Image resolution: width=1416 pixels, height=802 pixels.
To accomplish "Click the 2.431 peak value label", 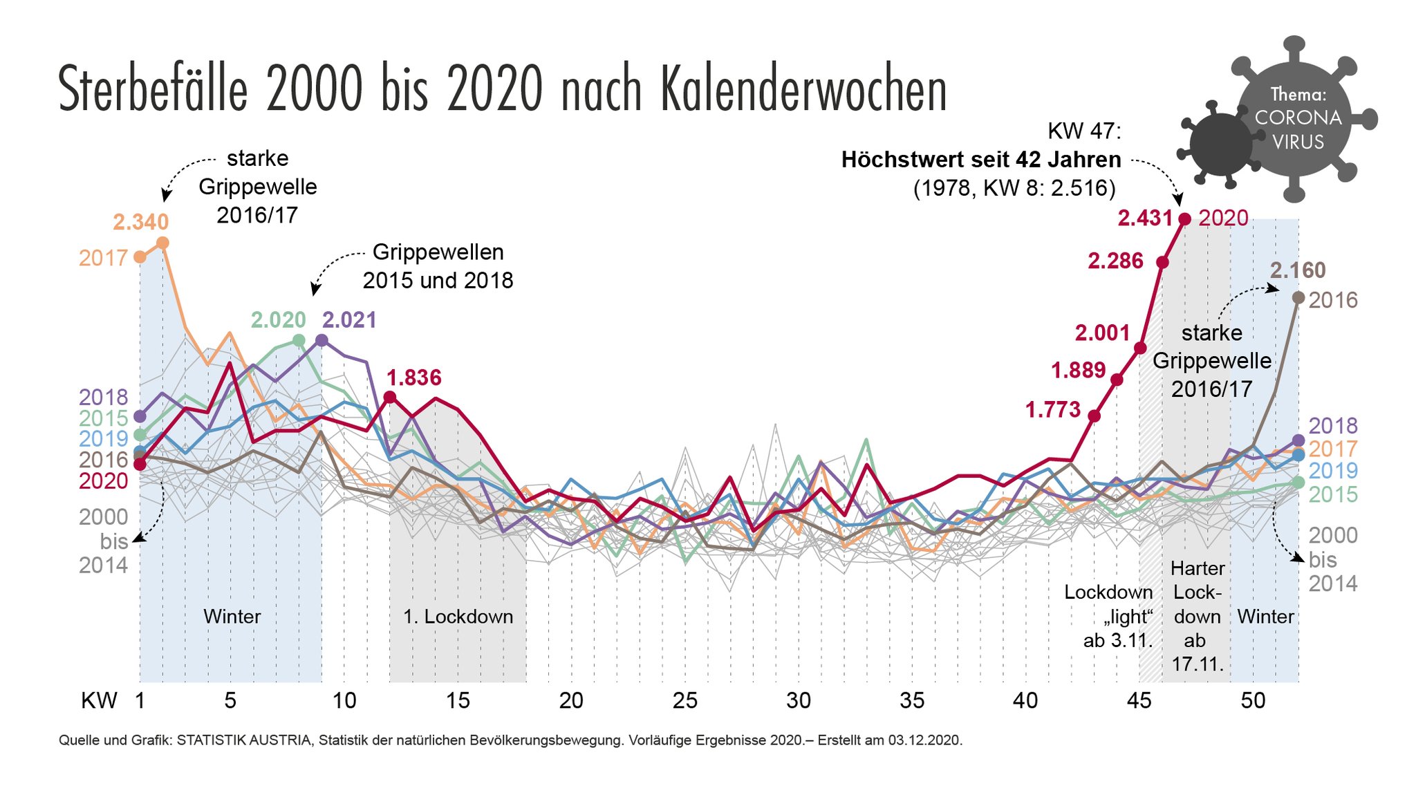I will tap(1145, 218).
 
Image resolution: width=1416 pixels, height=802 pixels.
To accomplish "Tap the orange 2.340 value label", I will tap(141, 222).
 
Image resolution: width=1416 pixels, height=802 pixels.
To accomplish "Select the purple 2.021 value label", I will tap(350, 320).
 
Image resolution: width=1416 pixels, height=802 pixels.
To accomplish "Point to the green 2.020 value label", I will tap(278, 320).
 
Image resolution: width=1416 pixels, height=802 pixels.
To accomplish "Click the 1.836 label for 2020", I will tap(413, 377).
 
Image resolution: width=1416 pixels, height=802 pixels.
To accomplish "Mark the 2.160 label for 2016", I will tap(1298, 270).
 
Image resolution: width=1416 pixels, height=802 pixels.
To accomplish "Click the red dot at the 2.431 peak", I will tap(1184, 219).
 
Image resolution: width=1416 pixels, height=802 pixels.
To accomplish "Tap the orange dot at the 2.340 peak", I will tap(163, 243).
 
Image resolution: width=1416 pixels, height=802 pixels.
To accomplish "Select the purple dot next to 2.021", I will tap(322, 340).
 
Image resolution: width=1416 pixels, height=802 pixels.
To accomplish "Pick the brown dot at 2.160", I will tap(1298, 297).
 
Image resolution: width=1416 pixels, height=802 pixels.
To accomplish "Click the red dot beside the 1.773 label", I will tap(1094, 416).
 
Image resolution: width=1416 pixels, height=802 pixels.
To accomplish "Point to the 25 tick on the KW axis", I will tap(684, 701).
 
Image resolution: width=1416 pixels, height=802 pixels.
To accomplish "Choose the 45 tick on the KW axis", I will tap(1139, 701).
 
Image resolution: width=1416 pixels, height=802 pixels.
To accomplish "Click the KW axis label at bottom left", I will tap(99, 701).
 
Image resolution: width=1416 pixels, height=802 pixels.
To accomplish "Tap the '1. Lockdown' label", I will tap(458, 617).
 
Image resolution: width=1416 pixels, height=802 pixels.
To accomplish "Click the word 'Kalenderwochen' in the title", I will tap(803, 90).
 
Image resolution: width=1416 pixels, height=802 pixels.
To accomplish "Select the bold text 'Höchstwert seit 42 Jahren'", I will tap(981, 160).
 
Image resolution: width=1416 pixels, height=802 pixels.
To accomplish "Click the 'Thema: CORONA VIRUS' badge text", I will tap(1298, 118).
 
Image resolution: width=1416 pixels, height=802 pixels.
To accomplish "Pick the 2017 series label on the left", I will tap(103, 258).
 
